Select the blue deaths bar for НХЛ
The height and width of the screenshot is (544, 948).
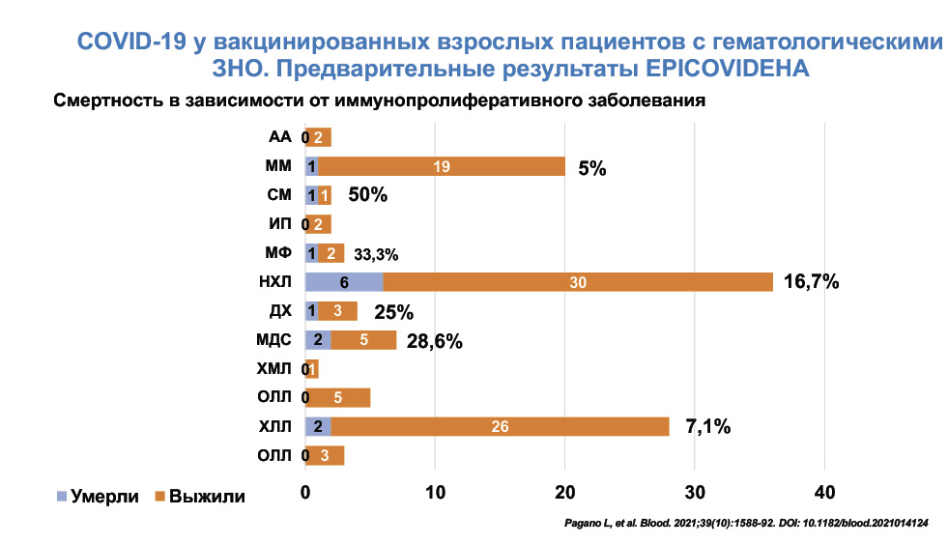[x=343, y=282]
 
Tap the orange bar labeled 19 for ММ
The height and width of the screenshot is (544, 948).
[x=442, y=167]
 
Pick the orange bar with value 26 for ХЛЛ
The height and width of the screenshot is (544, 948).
[x=500, y=426]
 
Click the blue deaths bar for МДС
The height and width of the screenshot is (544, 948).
[x=318, y=340]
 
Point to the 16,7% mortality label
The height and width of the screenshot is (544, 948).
[x=812, y=282]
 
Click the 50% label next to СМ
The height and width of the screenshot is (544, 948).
[x=367, y=195]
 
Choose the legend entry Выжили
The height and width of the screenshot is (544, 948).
[x=199, y=497]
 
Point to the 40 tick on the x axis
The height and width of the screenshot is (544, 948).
[x=824, y=491]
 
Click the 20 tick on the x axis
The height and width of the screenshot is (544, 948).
[x=564, y=491]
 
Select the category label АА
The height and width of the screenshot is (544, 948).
[x=279, y=137]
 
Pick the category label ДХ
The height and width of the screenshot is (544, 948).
[x=279, y=311]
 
